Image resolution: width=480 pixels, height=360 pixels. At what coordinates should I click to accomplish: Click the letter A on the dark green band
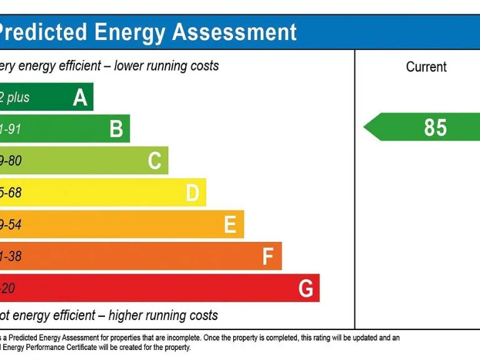pyautogui.click(x=80, y=97)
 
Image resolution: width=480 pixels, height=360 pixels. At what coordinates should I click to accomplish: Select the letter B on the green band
pyautogui.click(x=116, y=129)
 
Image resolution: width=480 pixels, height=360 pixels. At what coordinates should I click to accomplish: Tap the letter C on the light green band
pyautogui.click(x=154, y=161)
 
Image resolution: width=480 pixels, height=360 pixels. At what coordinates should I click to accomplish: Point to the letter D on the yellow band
pyautogui.click(x=192, y=193)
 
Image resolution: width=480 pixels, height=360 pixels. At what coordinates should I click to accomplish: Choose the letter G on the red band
pyautogui.click(x=306, y=289)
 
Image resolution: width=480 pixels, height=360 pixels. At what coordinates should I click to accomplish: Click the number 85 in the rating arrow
pyautogui.click(x=436, y=127)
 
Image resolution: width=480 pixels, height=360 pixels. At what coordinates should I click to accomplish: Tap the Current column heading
pyautogui.click(x=426, y=67)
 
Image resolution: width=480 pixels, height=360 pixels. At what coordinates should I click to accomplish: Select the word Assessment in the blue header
pyautogui.click(x=234, y=31)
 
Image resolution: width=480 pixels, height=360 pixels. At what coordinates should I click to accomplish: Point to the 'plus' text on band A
pyautogui.click(x=17, y=97)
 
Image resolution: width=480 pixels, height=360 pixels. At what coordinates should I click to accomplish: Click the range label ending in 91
pyautogui.click(x=11, y=129)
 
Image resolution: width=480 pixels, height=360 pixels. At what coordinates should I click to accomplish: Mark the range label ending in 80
pyautogui.click(x=11, y=161)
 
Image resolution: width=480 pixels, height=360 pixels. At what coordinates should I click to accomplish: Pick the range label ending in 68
pyautogui.click(x=11, y=193)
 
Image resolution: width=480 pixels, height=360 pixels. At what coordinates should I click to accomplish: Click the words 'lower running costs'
pyautogui.click(x=166, y=66)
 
